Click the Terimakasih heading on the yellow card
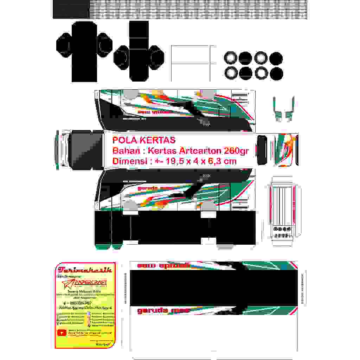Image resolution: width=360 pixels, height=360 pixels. (85, 270)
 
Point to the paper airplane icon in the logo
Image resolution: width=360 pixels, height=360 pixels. (71, 282)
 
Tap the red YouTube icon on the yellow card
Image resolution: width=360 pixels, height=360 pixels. (62, 332)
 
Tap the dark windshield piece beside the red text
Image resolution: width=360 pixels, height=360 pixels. (86, 150)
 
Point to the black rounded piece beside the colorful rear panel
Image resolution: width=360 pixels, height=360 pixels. (262, 150)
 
